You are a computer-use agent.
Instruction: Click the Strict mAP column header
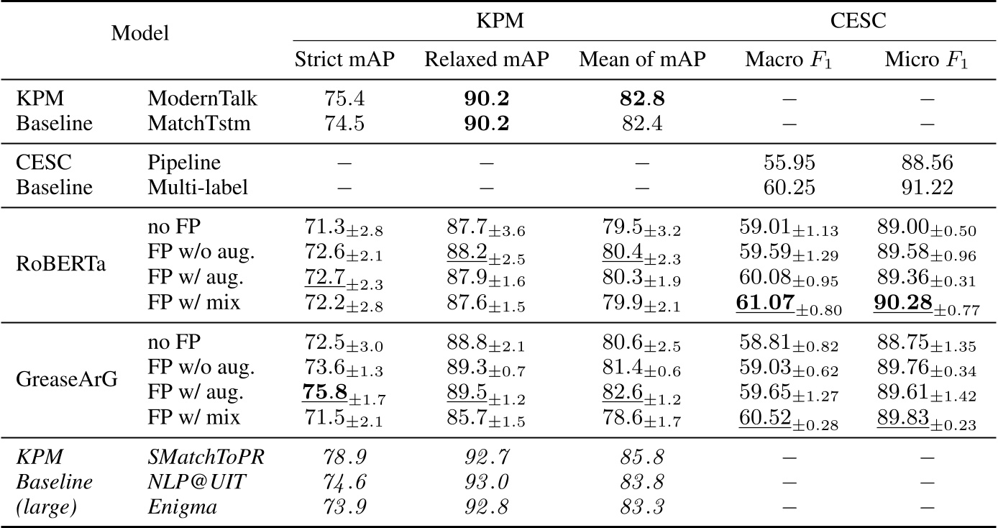344,60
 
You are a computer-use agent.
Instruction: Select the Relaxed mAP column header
487,60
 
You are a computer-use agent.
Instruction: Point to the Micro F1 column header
926,60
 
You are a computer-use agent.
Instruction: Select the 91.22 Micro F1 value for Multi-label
926,188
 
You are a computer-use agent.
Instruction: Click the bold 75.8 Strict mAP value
324,393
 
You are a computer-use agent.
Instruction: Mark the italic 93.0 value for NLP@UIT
486,483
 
